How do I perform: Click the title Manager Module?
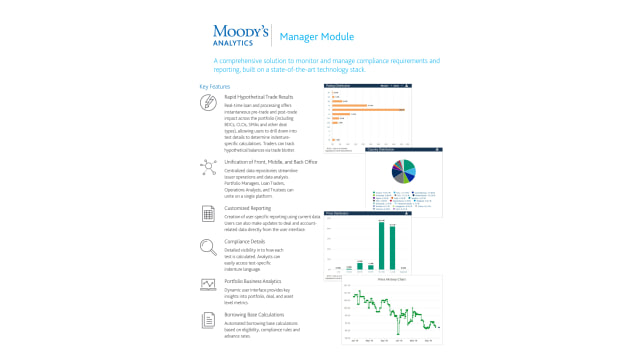point(311,37)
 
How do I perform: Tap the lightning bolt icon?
point(208,103)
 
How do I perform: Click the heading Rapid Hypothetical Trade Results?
point(259,97)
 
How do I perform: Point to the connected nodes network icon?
point(208,166)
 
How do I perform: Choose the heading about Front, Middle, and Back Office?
point(270,160)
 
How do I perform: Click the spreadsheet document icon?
point(208,214)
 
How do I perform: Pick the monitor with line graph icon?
point(208,284)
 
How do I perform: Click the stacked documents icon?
point(208,320)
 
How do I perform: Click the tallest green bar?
point(381,246)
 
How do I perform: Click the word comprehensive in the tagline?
point(242,61)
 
